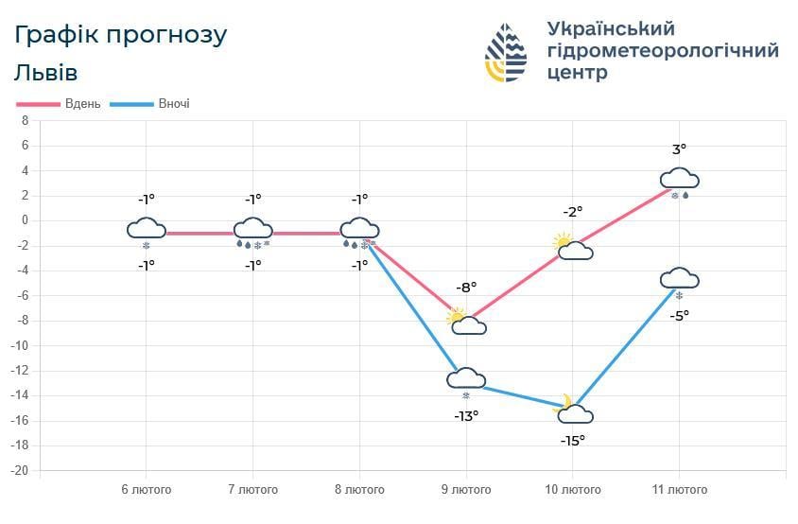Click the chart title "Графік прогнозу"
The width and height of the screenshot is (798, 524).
coord(121,35)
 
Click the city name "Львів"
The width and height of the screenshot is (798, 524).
coord(46,73)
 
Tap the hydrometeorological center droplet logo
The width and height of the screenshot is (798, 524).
coord(506,52)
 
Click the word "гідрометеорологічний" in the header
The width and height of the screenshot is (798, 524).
coord(662,50)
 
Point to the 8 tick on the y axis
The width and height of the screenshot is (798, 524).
coord(26,121)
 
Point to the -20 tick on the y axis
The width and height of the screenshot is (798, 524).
coord(21,470)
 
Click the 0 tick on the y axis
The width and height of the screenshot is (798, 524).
coord(26,220)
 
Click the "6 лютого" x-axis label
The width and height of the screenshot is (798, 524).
coord(146,490)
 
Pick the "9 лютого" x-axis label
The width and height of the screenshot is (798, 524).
coord(466,490)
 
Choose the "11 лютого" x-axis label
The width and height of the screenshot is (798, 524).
coord(679,490)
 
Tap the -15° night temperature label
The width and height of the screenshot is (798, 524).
coord(572,440)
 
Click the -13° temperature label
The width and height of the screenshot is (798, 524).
coord(465,414)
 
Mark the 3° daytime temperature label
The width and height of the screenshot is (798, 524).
coord(679,148)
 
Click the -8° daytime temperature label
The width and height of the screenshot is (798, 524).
coord(466,287)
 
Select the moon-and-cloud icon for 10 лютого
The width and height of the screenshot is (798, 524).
coord(573,410)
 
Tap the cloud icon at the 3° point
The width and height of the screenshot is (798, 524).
coord(679,179)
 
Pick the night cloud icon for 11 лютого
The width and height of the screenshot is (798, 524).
coord(679,278)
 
